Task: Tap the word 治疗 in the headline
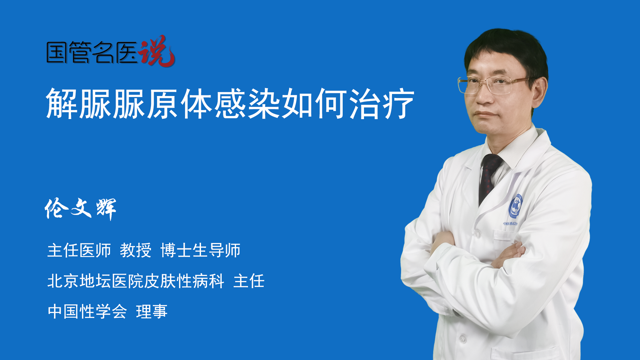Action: click(x=382, y=104)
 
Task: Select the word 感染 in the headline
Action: click(x=247, y=104)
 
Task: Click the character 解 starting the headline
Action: click(x=62, y=104)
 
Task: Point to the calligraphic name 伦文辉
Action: click(x=80, y=209)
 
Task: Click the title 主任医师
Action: click(x=79, y=250)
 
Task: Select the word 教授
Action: click(x=136, y=250)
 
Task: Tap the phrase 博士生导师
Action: click(x=200, y=250)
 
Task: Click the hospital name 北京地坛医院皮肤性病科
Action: click(x=136, y=281)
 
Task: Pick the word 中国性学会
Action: click(x=87, y=312)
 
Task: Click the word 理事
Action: click(x=152, y=312)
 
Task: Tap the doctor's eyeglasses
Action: click(x=493, y=85)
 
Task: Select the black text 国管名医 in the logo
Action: click(x=92, y=52)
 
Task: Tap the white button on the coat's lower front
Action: click(x=463, y=339)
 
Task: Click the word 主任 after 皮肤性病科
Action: click(x=249, y=281)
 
